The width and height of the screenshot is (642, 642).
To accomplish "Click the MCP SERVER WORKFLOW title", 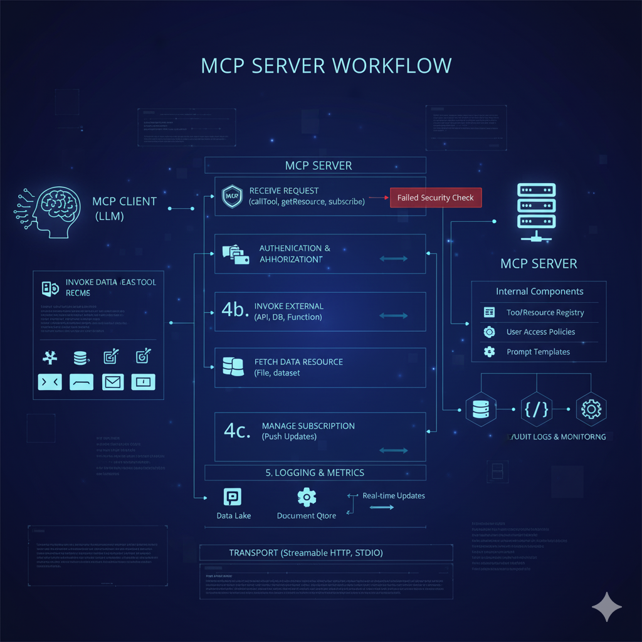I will [326, 66].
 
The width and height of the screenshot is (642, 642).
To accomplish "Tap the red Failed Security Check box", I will [436, 197].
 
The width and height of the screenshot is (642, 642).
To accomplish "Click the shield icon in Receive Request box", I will [231, 196].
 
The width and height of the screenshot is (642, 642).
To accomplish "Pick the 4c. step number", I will [238, 431].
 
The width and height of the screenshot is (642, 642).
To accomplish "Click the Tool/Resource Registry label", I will [545, 312].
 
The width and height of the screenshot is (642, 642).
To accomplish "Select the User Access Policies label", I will [540, 332].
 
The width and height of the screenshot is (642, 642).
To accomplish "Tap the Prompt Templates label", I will [538, 352].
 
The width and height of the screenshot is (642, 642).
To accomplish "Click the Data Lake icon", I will [233, 498].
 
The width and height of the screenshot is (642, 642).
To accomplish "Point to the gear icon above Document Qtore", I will [306, 497].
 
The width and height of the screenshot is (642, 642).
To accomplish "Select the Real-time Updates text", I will [393, 495].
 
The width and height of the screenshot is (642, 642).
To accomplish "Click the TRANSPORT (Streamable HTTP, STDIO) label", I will [305, 553].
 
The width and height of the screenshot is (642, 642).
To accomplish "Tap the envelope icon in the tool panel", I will [113, 381].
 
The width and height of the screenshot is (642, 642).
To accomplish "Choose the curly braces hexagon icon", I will [535, 409].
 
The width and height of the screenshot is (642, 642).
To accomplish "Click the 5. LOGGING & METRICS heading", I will [315, 472].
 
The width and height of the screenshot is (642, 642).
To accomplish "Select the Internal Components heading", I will [539, 292].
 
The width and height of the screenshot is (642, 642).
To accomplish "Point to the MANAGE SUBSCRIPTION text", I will [308, 426].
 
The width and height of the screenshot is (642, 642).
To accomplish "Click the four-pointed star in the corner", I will [606, 607].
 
